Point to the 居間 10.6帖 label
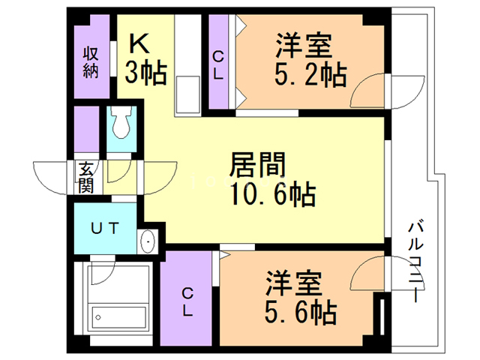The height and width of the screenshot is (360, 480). click(271, 180)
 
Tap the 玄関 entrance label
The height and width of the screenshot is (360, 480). click(84, 176)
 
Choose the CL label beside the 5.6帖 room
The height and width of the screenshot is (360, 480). click(188, 301)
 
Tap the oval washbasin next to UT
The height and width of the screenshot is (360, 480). click(147, 242)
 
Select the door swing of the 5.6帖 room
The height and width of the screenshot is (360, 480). click(367, 273)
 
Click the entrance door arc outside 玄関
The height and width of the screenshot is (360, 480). click(52, 175)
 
